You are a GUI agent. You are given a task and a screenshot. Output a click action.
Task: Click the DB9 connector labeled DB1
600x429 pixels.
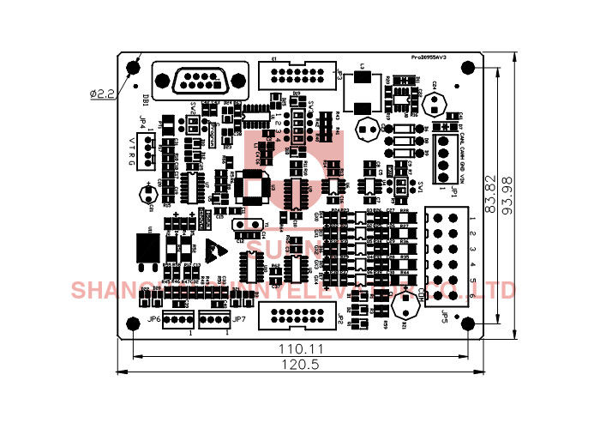(x=201, y=82)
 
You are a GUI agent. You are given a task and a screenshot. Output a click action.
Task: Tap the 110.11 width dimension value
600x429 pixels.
(x=299, y=350)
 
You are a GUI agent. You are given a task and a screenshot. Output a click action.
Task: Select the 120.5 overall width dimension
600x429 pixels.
(x=299, y=365)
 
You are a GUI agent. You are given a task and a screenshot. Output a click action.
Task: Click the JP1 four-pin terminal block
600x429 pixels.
(x=444, y=154)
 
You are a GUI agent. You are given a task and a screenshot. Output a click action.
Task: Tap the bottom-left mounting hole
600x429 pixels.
(x=132, y=323)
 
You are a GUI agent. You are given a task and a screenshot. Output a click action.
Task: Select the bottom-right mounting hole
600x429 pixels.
(x=468, y=323)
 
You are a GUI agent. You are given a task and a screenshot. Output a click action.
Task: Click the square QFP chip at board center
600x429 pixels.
(x=255, y=189)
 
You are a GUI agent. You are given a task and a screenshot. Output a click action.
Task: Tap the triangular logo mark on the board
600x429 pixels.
(x=218, y=250)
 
